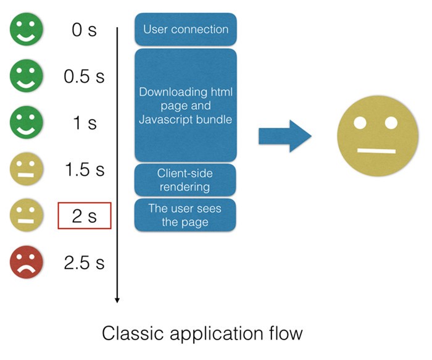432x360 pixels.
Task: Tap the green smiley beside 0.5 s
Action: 26,76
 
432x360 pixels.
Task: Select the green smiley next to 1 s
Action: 26,122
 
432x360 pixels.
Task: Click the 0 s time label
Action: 85,30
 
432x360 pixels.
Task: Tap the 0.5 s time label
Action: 85,77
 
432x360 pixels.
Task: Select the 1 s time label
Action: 85,123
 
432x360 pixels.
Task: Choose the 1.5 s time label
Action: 85,169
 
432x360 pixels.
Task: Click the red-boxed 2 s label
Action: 85,216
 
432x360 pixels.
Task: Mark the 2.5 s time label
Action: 85,262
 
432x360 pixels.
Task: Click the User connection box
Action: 186,29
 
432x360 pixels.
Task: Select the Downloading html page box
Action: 186,106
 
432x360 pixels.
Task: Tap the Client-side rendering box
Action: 186,179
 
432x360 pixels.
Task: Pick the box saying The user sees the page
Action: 186,215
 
